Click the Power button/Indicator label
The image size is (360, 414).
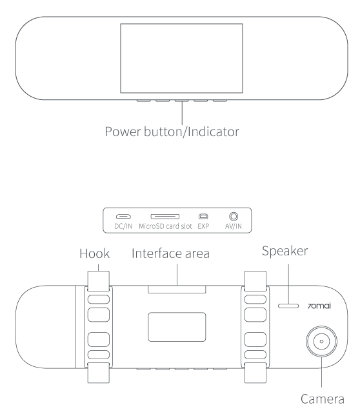pos(172,132)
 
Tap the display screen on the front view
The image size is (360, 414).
pos(181,58)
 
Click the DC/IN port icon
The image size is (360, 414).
pos(123,217)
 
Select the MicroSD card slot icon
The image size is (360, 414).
pos(165,217)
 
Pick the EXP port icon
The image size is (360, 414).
pos(203,217)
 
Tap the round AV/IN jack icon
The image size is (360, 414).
pos(234,217)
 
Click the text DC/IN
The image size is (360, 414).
pos(123,226)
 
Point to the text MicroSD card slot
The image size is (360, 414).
pos(165,226)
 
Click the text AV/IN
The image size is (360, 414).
pos(233,226)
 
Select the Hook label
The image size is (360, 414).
pos(95,253)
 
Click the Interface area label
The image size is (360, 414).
pos(170,253)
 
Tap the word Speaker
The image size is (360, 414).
pos(285,251)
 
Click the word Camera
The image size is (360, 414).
pos(323,399)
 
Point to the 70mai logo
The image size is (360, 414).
pos(319,306)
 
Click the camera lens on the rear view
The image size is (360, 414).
pos(321,341)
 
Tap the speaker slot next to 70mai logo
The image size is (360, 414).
pos(288,306)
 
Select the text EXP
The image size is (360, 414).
pos(203,226)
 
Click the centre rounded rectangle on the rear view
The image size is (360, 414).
pos(177,327)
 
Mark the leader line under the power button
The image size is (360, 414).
pos(182,113)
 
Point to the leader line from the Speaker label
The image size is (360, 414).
pos(288,284)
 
